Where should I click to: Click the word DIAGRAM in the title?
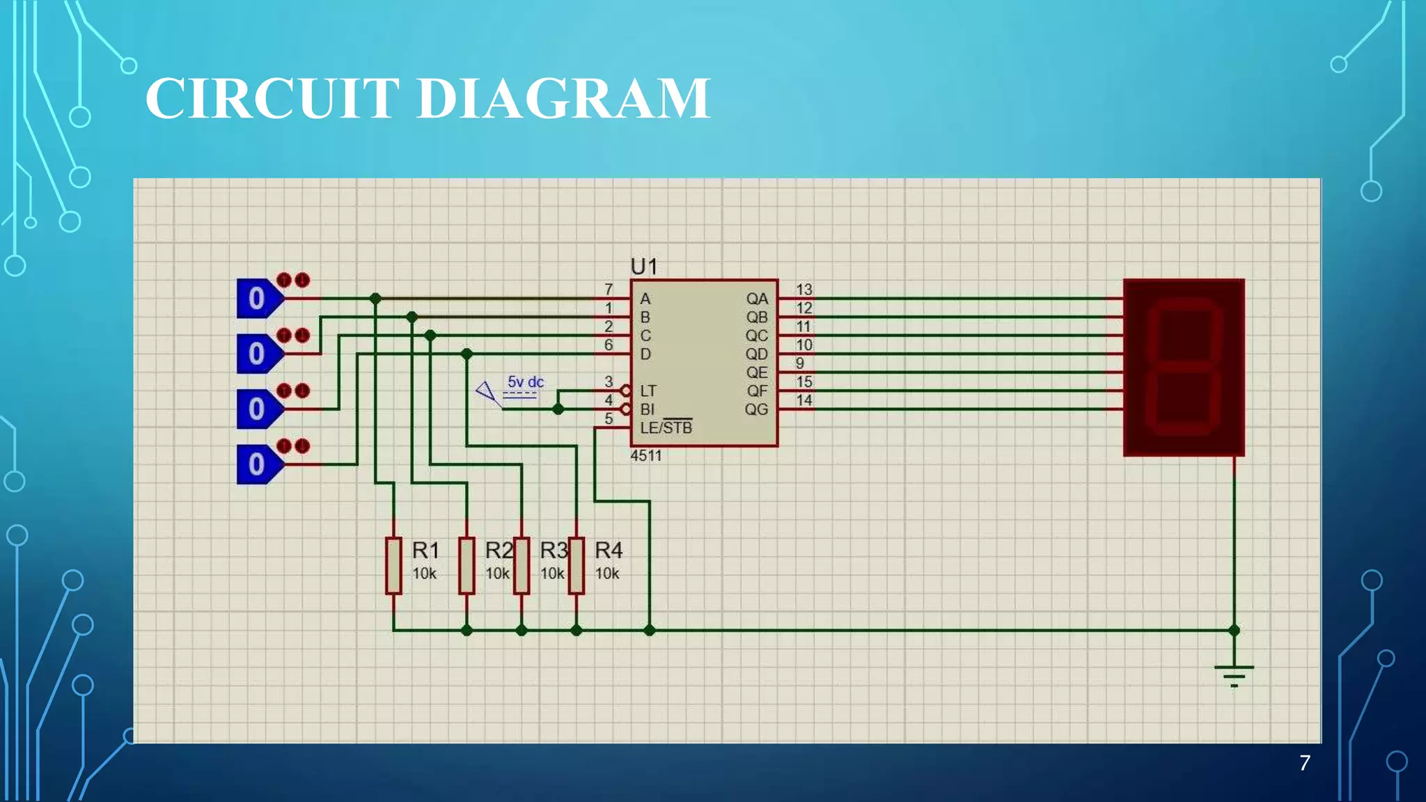[x=564, y=98]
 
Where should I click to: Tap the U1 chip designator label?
[x=643, y=266]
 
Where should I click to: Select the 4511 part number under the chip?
[x=645, y=456]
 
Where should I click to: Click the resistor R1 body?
[x=393, y=565]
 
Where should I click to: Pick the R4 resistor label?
[x=609, y=551]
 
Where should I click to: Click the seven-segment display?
[x=1184, y=368]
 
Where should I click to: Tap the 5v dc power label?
[x=525, y=382]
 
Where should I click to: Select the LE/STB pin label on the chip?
[x=666, y=427]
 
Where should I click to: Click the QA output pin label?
[x=757, y=299]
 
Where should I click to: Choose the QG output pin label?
[x=756, y=409]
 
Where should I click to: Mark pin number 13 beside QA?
[x=804, y=289]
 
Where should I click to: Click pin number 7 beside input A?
[x=609, y=289]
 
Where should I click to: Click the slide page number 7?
[x=1305, y=763]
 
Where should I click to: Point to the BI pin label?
[x=647, y=409]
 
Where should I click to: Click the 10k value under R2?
[x=497, y=574]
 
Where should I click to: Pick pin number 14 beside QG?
[x=804, y=400]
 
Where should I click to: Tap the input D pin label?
[x=645, y=354]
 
